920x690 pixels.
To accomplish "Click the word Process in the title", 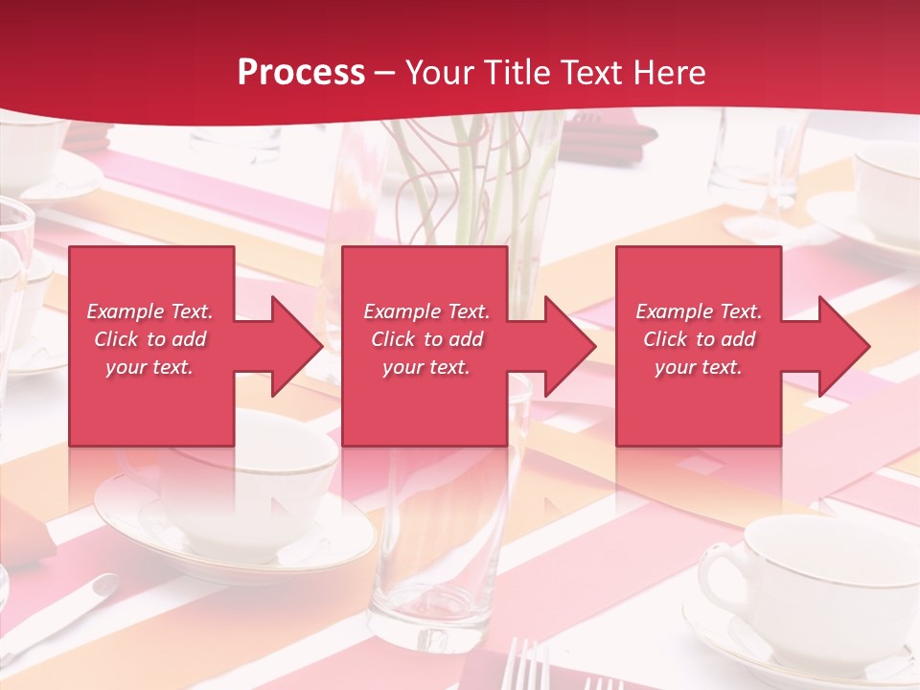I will pyautogui.click(x=301, y=73).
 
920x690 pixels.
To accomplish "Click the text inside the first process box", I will pyautogui.click(x=150, y=339).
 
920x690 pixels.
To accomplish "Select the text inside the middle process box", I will pyautogui.click(x=426, y=339).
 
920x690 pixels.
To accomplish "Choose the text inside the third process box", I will pyautogui.click(x=699, y=339).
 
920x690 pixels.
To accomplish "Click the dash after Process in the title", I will pyautogui.click(x=385, y=73).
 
